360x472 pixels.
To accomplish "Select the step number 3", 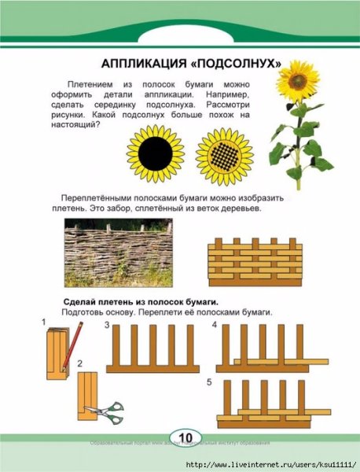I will coord(107,325).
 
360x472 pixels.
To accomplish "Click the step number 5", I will coord(209,382).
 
